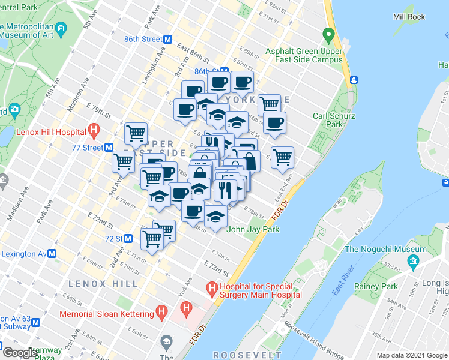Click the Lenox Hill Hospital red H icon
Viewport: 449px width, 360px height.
(x=93, y=128)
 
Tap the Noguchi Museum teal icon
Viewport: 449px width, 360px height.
(x=413, y=261)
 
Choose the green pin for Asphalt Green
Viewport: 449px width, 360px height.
(x=328, y=35)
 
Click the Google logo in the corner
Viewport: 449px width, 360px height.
(x=20, y=353)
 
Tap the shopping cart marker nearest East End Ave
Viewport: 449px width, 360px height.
(x=282, y=158)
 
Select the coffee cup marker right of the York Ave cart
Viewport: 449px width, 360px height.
(x=276, y=123)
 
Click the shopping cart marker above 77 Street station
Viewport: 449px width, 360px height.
(x=136, y=133)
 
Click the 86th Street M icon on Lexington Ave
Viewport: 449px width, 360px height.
(x=168, y=40)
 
